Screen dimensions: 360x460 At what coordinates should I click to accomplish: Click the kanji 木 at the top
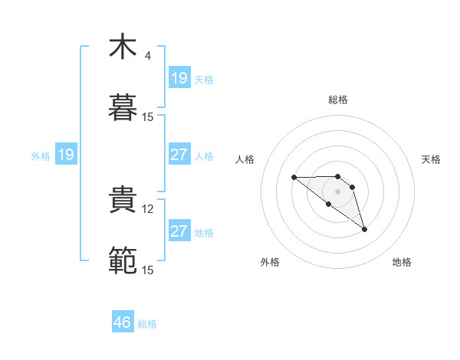click(123, 46)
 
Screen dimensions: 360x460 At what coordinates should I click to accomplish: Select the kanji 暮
click(123, 108)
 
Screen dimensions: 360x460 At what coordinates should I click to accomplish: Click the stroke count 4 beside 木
click(147, 56)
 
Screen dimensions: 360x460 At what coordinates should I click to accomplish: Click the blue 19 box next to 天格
click(179, 78)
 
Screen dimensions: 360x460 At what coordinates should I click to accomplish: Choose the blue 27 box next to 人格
click(179, 155)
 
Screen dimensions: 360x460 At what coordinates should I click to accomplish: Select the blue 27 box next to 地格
click(179, 231)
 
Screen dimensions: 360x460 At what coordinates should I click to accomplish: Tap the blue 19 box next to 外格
click(66, 155)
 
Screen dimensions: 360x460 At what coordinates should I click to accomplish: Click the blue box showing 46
click(123, 322)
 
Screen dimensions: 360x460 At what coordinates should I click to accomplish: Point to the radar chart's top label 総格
click(337, 100)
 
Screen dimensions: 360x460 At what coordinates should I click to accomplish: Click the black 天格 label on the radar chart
click(431, 159)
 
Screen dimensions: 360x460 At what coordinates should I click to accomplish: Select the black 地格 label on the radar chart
click(402, 262)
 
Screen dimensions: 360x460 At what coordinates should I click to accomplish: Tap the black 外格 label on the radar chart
click(270, 262)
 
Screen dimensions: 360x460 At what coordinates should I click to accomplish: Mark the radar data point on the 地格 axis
click(364, 229)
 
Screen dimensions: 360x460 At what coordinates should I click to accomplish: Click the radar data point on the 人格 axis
click(294, 178)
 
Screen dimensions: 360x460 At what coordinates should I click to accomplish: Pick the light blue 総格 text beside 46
click(147, 324)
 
